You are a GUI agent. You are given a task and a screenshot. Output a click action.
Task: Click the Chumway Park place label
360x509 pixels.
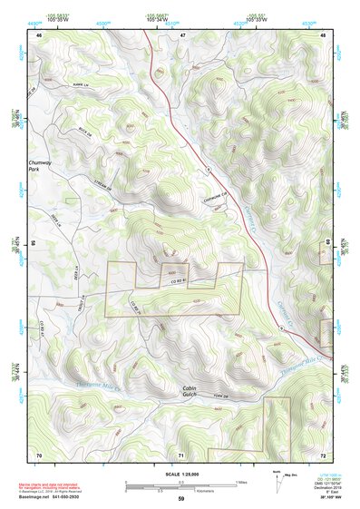(40, 166)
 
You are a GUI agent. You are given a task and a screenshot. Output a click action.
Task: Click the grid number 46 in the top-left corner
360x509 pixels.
(39, 34)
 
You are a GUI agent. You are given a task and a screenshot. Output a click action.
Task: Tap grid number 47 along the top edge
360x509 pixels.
(182, 34)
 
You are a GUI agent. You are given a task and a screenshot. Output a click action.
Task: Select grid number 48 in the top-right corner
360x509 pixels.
(324, 34)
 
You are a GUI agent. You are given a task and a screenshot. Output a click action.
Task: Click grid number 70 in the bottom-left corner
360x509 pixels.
(39, 453)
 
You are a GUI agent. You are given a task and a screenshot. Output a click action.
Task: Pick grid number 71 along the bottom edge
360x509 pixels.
(181, 453)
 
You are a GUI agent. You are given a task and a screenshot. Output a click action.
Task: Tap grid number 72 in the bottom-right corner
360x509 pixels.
(323, 453)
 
